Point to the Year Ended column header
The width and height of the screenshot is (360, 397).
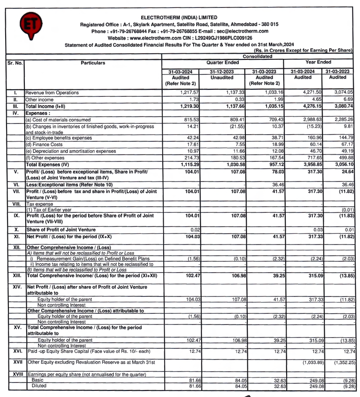318,62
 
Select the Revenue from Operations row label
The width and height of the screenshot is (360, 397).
52,93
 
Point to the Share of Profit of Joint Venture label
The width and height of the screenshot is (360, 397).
58,230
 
